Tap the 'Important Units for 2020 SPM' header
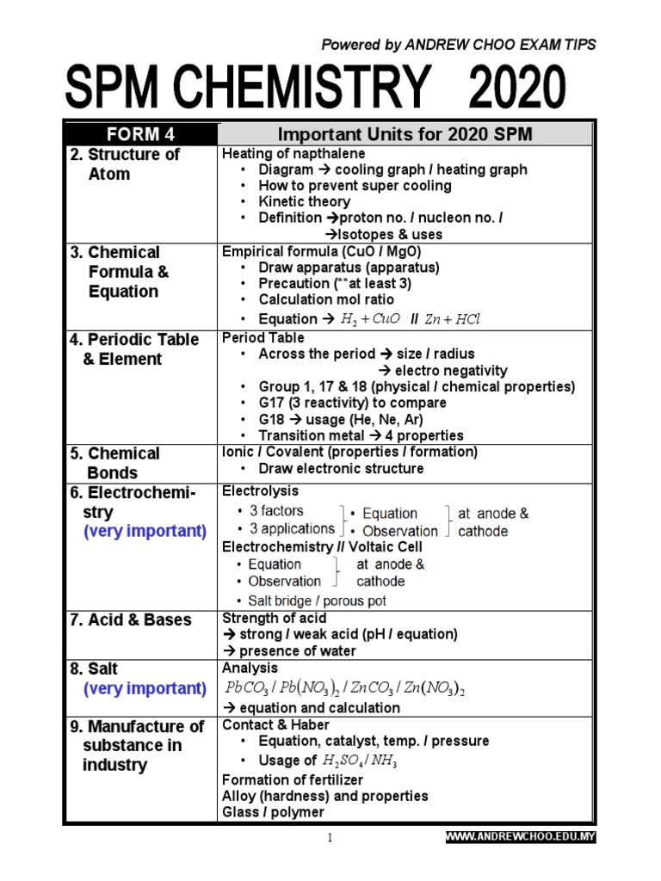(x=405, y=134)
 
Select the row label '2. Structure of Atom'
(x=123, y=164)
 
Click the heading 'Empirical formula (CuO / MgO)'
(x=320, y=252)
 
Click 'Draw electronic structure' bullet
(x=341, y=469)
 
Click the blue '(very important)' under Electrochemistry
(x=145, y=531)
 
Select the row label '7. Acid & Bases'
(x=131, y=620)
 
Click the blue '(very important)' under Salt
(x=145, y=688)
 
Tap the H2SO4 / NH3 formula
(x=359, y=761)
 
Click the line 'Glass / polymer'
(x=273, y=812)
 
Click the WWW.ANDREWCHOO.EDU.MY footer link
(x=520, y=836)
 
